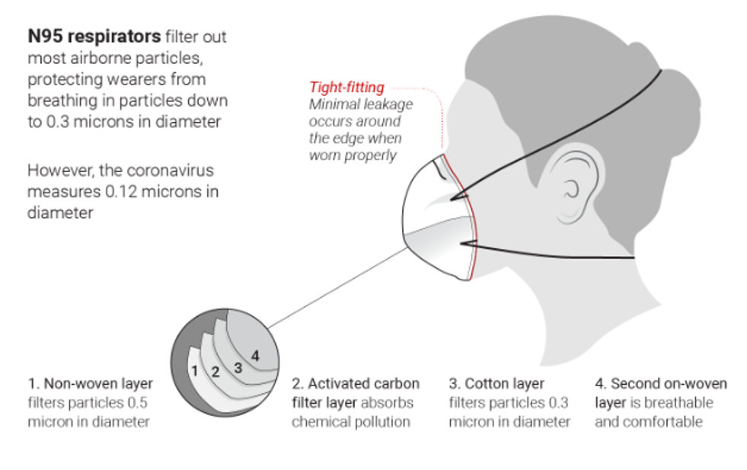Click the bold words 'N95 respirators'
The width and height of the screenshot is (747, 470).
coord(94,36)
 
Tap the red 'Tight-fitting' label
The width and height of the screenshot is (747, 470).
coord(346,87)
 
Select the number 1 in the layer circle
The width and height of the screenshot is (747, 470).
coord(195,371)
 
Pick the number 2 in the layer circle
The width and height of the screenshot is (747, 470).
coord(215,372)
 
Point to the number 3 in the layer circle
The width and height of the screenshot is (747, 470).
coord(237,366)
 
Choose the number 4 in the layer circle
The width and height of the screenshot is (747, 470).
coord(255,355)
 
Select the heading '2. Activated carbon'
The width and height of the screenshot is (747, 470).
coord(353,383)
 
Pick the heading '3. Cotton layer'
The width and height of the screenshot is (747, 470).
coord(497,383)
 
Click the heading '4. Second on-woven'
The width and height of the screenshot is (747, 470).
coord(660,383)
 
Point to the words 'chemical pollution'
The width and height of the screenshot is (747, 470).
coord(351,421)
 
